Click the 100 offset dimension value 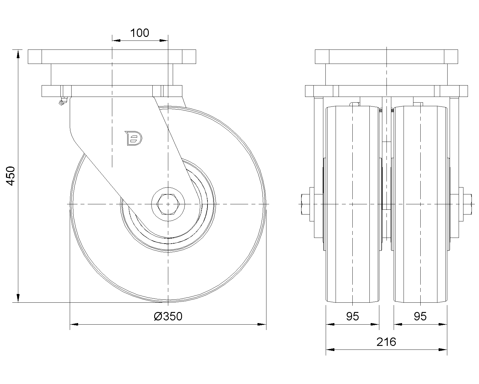point(140,33)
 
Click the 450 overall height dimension point(10,176)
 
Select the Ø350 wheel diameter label point(168,316)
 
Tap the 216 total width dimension point(386,342)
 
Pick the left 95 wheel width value point(352,316)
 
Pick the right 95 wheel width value point(420,316)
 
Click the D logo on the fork point(134,138)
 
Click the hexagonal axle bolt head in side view point(168,204)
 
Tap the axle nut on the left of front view point(305,204)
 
